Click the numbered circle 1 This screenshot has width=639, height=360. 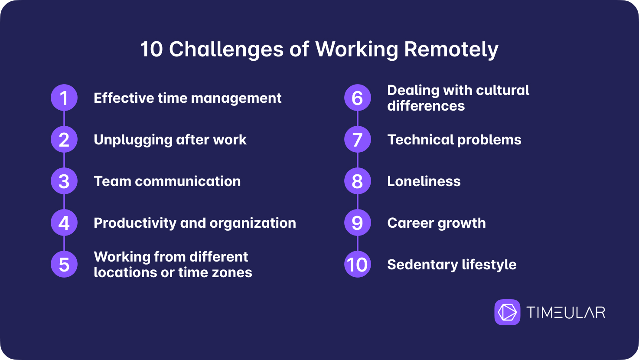(64, 98)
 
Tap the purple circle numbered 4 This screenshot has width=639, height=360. (64, 223)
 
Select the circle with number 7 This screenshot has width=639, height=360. (358, 139)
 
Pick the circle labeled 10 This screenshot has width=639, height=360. (358, 265)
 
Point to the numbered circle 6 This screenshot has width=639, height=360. (358, 98)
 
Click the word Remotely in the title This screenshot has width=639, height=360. (451, 50)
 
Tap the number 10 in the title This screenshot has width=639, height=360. (151, 49)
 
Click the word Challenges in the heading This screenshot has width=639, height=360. (226, 50)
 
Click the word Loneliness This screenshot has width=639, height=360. (424, 181)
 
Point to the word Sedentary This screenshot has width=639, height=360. (423, 265)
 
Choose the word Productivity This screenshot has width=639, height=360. (135, 223)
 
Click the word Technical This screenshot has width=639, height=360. (420, 140)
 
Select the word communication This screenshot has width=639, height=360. (188, 181)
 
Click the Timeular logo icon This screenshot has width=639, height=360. (507, 312)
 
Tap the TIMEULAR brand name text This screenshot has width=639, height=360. (566, 312)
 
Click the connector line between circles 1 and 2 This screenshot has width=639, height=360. (64, 118)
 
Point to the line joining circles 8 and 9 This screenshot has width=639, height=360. (358, 202)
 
